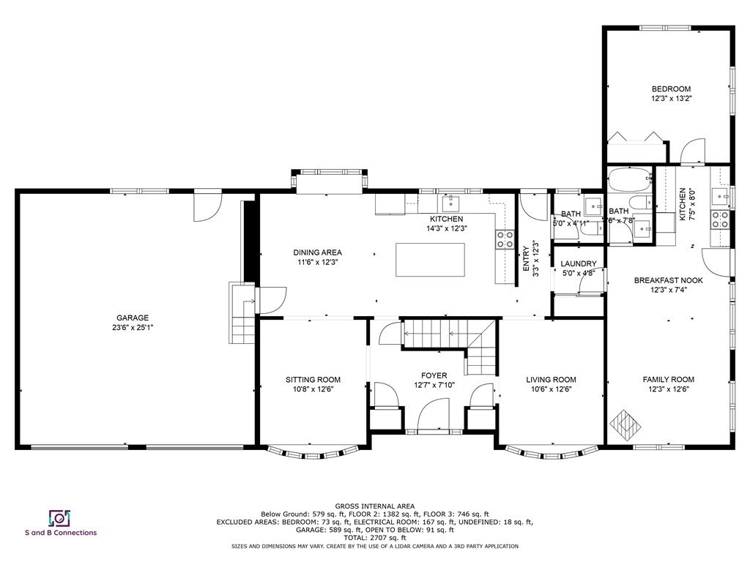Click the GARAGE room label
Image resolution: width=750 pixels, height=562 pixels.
pyautogui.click(x=132, y=318)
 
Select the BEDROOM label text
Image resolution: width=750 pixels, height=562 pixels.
pyautogui.click(x=671, y=89)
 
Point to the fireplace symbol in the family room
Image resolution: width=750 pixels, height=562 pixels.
pyautogui.click(x=625, y=422)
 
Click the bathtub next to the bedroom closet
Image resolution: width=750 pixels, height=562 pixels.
pyautogui.click(x=629, y=178)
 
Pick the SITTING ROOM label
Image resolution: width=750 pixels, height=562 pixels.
pyautogui.click(x=313, y=379)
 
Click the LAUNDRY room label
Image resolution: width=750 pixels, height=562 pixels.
pyautogui.click(x=579, y=263)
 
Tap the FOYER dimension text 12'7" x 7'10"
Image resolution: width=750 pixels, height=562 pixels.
pyautogui.click(x=434, y=385)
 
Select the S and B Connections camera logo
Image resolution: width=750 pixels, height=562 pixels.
pyautogui.click(x=59, y=518)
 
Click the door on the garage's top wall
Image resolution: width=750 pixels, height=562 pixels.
pyautogui.click(x=207, y=206)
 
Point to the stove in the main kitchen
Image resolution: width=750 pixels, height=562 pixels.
pyautogui.click(x=505, y=239)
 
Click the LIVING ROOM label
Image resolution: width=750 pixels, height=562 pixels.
pyautogui.click(x=551, y=379)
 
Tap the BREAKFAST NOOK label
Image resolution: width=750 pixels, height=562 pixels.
pyautogui.click(x=668, y=280)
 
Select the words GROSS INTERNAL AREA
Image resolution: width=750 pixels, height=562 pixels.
pyautogui.click(x=374, y=506)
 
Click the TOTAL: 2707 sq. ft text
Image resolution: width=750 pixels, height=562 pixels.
pyautogui.click(x=374, y=538)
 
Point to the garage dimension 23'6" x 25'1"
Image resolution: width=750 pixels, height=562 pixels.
pyautogui.click(x=132, y=327)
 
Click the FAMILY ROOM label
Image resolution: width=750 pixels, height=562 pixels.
pyautogui.click(x=668, y=379)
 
